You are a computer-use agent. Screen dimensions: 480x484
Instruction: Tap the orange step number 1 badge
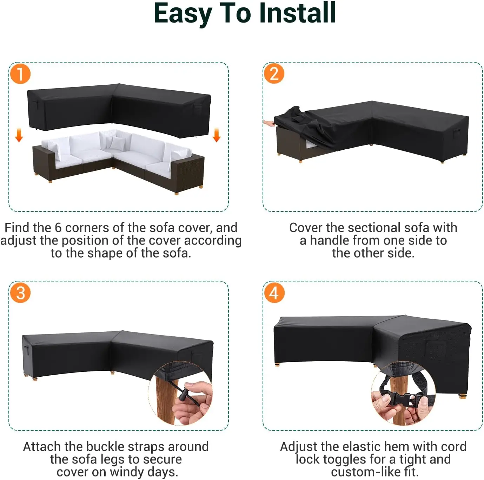(x=20, y=74)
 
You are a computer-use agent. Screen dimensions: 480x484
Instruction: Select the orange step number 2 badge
(x=274, y=74)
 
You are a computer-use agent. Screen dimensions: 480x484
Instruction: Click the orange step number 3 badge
(x=20, y=293)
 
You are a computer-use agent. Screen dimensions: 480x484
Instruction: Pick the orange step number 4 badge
(x=274, y=293)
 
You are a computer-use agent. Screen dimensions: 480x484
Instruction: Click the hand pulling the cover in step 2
(x=269, y=123)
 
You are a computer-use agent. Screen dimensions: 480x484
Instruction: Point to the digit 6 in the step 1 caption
(x=58, y=228)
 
